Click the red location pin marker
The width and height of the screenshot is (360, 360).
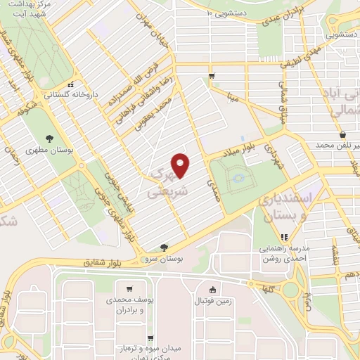pos(181,165)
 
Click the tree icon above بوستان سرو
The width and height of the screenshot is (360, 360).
pos(164,247)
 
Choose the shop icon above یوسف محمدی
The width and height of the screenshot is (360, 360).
pos(129,288)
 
